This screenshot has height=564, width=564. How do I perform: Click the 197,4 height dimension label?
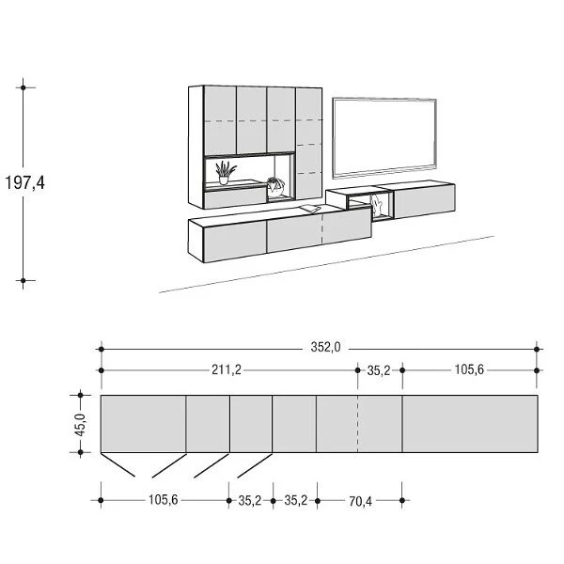point(25,182)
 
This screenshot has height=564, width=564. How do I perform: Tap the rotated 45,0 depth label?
point(80,425)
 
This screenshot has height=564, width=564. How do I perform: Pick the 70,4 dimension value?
point(360,502)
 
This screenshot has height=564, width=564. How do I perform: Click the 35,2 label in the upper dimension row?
point(379,370)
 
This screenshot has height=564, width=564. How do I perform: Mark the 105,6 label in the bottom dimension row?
point(163,502)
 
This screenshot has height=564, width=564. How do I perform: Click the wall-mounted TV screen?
point(386,136)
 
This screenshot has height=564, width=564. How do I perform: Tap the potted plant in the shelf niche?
point(224,172)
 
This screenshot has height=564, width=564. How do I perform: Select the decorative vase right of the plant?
point(274,185)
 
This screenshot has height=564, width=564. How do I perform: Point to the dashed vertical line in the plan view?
point(358,424)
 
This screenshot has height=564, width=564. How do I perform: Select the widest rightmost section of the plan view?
point(470,424)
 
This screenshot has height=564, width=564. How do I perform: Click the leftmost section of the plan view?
point(142,424)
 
